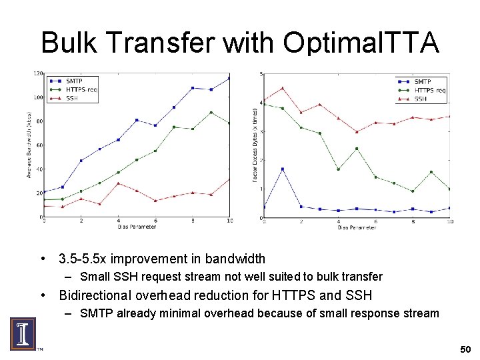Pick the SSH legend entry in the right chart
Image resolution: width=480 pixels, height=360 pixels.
tap(420, 99)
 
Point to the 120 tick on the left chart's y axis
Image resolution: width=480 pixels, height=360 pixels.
tap(39, 73)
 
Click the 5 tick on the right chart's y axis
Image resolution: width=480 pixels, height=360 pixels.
tap(261, 74)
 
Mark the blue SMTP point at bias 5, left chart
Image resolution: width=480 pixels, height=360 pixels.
tap(137, 120)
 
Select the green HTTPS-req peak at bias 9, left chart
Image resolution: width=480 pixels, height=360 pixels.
tap(211, 113)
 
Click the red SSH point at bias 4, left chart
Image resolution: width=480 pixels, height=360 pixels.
tap(118, 183)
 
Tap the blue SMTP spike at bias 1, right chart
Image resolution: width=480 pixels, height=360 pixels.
tap(283, 169)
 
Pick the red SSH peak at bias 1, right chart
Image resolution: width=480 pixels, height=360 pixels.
tap(283, 88)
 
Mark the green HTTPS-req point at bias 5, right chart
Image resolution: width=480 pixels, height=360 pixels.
tap(357, 149)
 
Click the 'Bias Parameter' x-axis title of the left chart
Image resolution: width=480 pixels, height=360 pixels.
tap(137, 227)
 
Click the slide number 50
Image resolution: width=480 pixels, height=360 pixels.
tap(465, 349)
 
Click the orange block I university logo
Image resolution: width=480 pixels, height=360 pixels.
tap(22, 333)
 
